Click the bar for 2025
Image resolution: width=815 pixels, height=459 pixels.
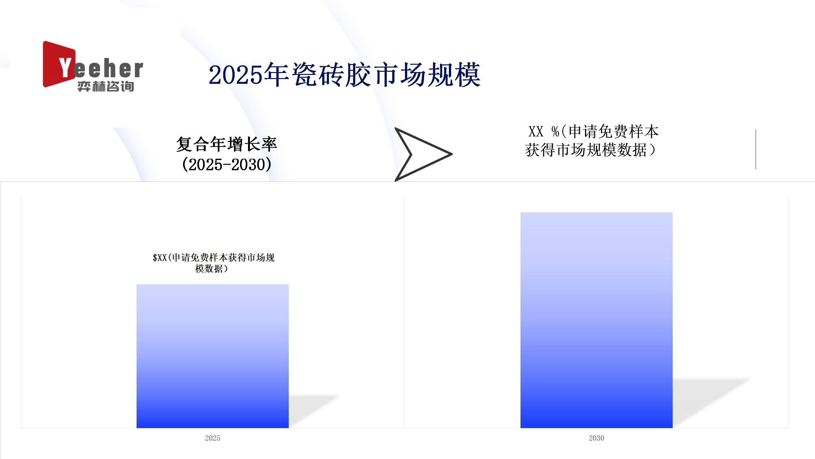point(213,356)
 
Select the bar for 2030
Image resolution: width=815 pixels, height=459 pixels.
point(597,320)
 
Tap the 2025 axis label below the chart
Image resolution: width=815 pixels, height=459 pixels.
point(213,438)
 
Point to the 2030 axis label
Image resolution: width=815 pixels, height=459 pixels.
point(597,438)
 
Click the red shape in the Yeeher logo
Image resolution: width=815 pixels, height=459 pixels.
point(57,64)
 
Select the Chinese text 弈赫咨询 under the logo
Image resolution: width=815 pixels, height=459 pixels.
point(106,86)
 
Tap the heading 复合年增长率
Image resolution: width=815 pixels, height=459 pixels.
point(227,144)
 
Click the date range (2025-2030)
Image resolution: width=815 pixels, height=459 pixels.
point(227,164)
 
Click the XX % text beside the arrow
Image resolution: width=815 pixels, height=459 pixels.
point(544,131)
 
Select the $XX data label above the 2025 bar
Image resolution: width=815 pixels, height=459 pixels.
point(213,263)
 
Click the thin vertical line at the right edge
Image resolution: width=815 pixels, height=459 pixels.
point(756,149)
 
